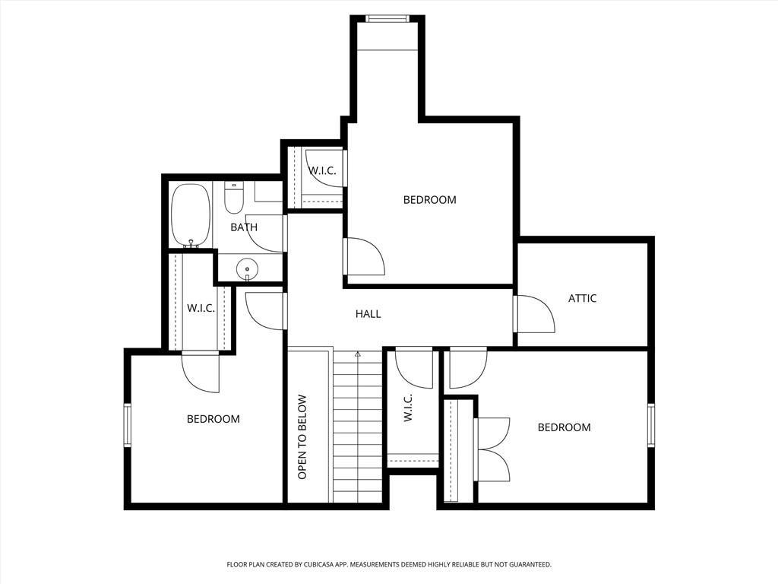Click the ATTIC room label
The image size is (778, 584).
point(582,298)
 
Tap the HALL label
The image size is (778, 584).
point(368,314)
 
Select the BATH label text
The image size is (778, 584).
point(244,227)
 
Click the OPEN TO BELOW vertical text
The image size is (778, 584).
point(302,437)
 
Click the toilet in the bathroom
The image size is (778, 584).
point(233,198)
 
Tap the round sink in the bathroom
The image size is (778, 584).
point(247,270)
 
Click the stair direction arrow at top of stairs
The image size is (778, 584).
point(357,354)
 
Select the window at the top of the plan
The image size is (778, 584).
point(387,19)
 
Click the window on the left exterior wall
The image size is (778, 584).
point(128,426)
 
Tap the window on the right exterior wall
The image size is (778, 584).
point(651,426)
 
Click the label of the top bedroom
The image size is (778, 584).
point(430,200)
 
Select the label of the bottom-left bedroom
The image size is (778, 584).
point(213,419)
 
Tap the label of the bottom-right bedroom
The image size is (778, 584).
point(565,427)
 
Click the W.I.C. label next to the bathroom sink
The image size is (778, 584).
point(201,309)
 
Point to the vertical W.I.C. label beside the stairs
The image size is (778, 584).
point(408,408)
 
